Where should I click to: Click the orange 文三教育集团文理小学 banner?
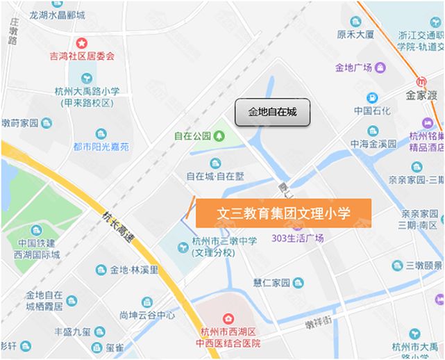pyautogui.click(x=283, y=213)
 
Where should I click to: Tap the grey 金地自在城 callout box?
pyautogui.click(x=272, y=112)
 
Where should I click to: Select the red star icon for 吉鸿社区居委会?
pyautogui.click(x=81, y=44)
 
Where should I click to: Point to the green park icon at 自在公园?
pyautogui.click(x=219, y=136)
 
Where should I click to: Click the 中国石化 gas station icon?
pyautogui.click(x=372, y=98)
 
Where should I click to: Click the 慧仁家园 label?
pyautogui.click(x=271, y=282)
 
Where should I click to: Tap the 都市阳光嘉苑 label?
pyautogui.click(x=101, y=147)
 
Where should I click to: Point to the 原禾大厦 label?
pyautogui.click(x=355, y=33)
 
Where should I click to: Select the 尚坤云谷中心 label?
pyautogui.click(x=146, y=315)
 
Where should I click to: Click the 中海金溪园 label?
pyautogui.click(x=373, y=144)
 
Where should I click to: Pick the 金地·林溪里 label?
pyautogui.click(x=135, y=269)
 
